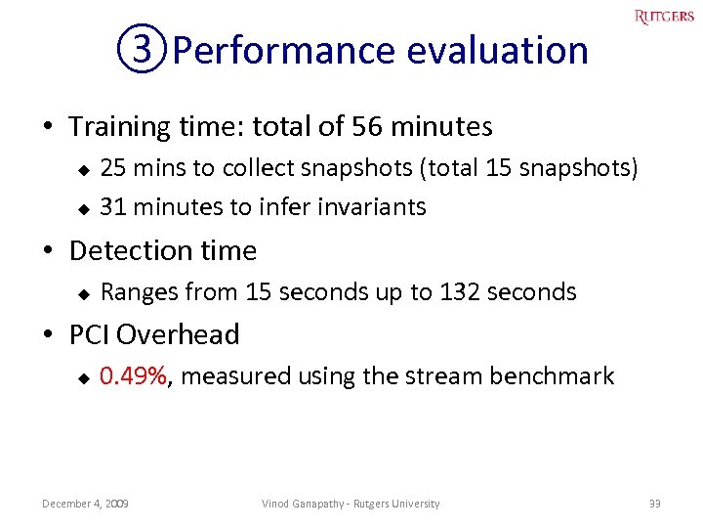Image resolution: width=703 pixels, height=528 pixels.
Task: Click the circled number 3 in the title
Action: (x=144, y=49)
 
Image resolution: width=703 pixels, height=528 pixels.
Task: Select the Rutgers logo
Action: (x=664, y=17)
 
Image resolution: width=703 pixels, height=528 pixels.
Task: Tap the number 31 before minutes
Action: (x=113, y=206)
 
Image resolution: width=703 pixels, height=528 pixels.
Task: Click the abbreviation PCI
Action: (x=89, y=334)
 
